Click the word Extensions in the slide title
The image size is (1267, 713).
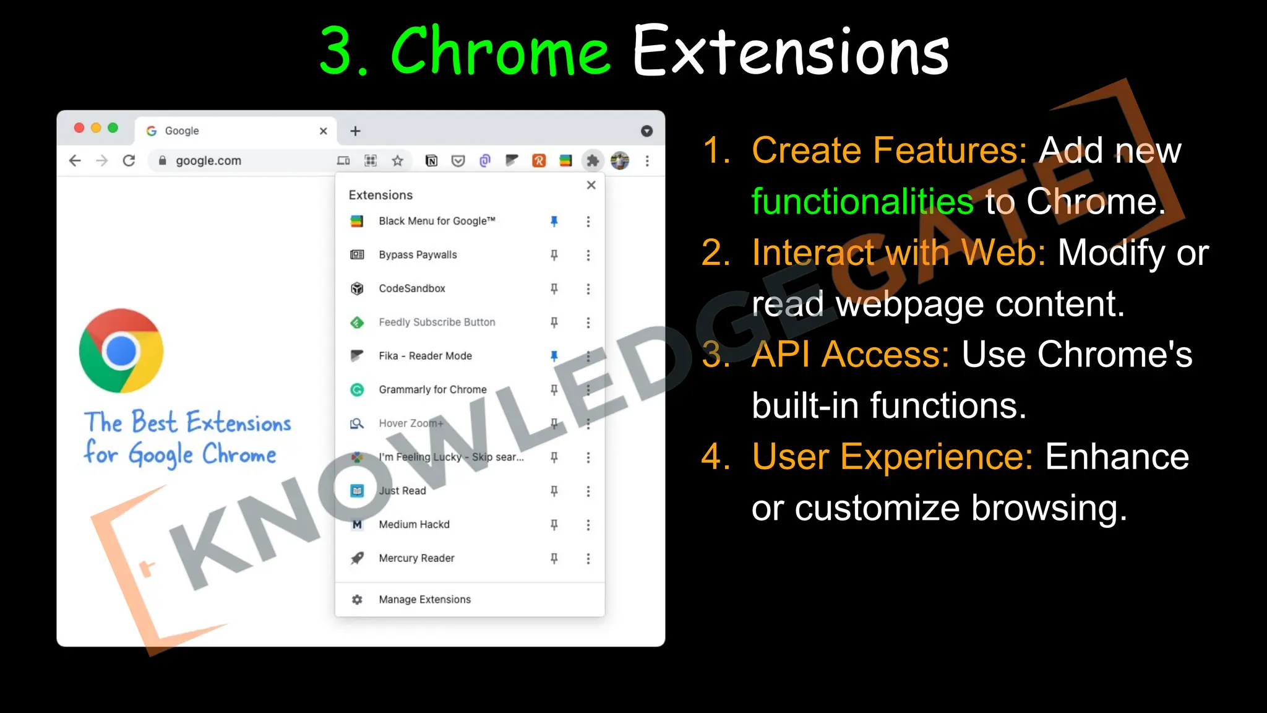791,51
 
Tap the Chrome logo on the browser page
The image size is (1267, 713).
121,350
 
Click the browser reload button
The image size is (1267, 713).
129,161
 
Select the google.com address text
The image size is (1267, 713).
208,161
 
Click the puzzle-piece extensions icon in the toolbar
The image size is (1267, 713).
593,161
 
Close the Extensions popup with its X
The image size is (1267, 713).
591,185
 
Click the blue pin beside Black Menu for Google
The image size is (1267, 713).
554,221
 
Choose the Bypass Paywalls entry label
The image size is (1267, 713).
418,255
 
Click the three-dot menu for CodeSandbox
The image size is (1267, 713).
588,289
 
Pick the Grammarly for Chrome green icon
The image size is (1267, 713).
357,390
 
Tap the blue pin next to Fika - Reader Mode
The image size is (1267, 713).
554,356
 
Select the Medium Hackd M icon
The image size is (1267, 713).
357,525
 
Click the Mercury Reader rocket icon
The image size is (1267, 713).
357,558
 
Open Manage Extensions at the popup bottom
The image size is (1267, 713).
424,600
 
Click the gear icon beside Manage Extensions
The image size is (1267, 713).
357,600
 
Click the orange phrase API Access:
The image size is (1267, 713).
850,355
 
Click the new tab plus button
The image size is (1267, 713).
355,131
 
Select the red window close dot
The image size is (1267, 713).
79,128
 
